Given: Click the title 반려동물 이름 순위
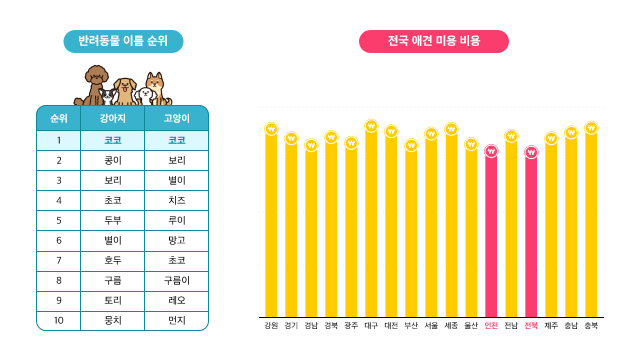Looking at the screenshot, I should pyautogui.click(x=123, y=41).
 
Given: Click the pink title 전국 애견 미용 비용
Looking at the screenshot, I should pyautogui.click(x=433, y=41).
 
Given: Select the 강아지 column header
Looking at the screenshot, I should pyautogui.click(x=112, y=119).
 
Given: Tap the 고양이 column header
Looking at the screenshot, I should pyautogui.click(x=176, y=119).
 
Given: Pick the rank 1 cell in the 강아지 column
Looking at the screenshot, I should pyautogui.click(x=112, y=140).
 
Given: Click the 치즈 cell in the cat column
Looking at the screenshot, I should pyautogui.click(x=176, y=200).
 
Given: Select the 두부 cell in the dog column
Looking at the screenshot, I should pyautogui.click(x=112, y=220).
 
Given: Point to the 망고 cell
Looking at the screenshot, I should pyautogui.click(x=176, y=240).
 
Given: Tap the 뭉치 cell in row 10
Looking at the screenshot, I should pyautogui.click(x=112, y=320).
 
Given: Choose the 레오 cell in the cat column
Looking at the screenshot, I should pyautogui.click(x=176, y=300).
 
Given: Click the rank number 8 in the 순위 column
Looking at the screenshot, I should pyautogui.click(x=59, y=280).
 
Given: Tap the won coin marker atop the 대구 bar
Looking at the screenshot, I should pyautogui.click(x=371, y=126).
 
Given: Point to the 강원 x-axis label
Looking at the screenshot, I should pyautogui.click(x=271, y=325).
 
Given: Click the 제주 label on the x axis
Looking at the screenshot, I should pyautogui.click(x=551, y=325).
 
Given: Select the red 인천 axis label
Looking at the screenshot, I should pyautogui.click(x=491, y=325).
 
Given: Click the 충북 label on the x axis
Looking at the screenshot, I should pyautogui.click(x=591, y=325).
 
